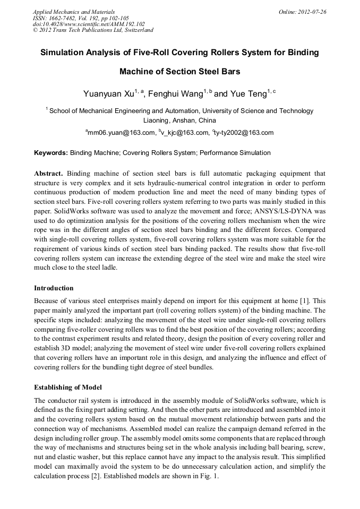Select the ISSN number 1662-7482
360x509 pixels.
(x=68, y=18)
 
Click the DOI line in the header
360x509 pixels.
(x=89, y=24)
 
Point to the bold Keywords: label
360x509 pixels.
(x=51, y=153)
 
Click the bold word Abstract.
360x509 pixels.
(x=49, y=174)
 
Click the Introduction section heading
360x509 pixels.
(x=54, y=288)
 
